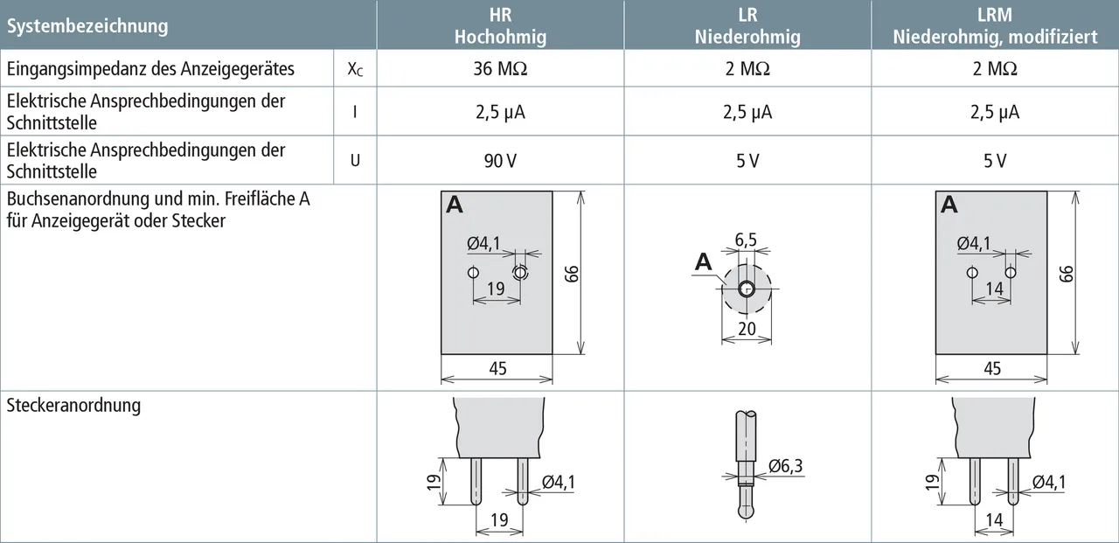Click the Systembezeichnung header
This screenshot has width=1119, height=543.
click(x=87, y=25)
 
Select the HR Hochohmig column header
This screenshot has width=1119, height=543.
click(x=500, y=25)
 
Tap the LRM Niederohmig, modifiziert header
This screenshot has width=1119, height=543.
click(x=995, y=25)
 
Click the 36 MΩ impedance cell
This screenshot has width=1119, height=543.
click(x=500, y=68)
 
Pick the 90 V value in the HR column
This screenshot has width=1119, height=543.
click(x=500, y=161)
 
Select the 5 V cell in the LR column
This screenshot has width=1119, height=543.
click(x=747, y=161)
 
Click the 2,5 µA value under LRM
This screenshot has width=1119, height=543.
click(x=995, y=112)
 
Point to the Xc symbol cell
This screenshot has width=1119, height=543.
click(x=355, y=69)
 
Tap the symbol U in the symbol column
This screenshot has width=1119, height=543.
click(x=355, y=161)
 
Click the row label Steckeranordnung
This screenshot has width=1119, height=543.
click(x=73, y=405)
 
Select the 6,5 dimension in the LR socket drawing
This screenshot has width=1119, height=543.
click(x=746, y=240)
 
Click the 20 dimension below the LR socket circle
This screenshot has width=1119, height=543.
click(x=747, y=329)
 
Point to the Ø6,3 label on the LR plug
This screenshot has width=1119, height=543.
click(x=785, y=465)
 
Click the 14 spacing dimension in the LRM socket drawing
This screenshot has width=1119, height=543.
click(x=994, y=289)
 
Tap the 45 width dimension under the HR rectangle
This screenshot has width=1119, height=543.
click(x=497, y=369)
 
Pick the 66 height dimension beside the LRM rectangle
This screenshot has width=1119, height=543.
click(x=1066, y=274)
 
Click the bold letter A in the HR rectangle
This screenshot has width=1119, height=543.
click(x=454, y=205)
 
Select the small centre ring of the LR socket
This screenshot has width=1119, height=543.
click(x=747, y=289)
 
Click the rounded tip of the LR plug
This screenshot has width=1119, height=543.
click(x=746, y=510)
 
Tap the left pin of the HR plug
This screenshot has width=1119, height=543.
click(x=476, y=481)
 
